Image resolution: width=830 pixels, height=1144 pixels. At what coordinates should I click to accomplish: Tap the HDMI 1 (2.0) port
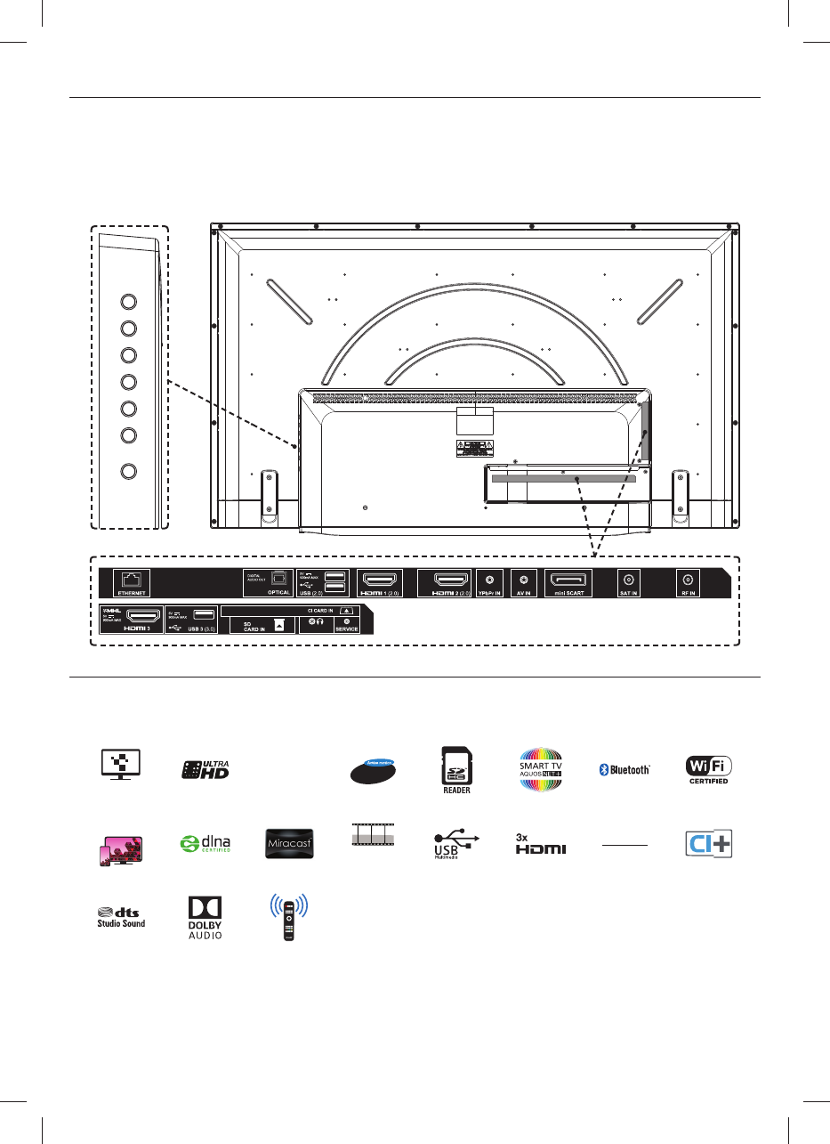click(380, 579)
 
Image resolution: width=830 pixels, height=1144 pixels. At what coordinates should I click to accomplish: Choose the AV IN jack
click(525, 579)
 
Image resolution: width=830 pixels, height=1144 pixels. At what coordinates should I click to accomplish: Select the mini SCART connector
click(567, 579)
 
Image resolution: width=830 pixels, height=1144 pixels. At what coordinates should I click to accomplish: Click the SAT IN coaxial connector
click(630, 579)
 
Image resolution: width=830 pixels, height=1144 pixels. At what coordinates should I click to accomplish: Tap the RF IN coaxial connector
click(687, 579)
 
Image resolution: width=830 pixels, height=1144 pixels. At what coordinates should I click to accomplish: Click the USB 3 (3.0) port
click(202, 614)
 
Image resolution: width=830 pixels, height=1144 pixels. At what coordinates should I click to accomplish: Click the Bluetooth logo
click(624, 769)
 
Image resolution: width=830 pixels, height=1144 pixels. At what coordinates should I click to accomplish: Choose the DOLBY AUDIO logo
click(204, 917)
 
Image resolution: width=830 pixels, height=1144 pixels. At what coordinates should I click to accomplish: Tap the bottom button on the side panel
click(127, 472)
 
